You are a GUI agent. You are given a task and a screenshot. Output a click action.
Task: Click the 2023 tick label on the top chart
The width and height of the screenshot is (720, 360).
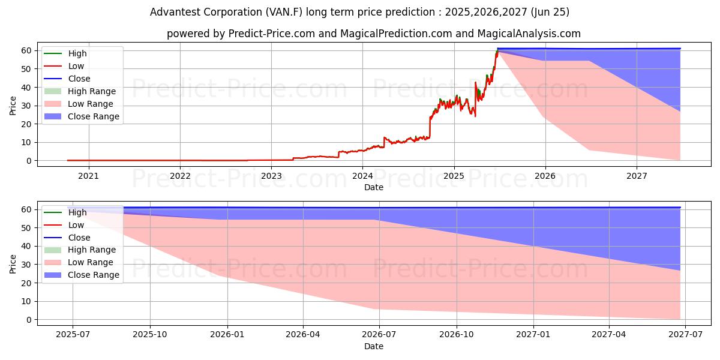(271, 176)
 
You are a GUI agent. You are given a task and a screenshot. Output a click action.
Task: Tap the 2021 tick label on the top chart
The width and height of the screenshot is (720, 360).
(89, 176)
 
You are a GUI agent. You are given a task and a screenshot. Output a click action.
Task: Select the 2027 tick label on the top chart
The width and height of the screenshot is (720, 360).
(637, 176)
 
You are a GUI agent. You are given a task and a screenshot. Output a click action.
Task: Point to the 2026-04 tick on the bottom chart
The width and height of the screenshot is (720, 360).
(303, 335)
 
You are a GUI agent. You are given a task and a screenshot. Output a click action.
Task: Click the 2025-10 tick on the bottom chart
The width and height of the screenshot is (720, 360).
(150, 335)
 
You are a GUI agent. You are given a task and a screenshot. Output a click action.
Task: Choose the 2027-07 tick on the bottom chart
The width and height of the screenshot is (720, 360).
(686, 335)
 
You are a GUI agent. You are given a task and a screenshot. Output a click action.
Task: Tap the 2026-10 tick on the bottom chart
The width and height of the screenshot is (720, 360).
(457, 335)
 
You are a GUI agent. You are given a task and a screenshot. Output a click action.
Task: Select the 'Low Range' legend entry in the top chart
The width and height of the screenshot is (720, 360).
(91, 104)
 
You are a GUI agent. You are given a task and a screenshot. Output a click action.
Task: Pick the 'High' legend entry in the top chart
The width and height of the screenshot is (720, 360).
(77, 53)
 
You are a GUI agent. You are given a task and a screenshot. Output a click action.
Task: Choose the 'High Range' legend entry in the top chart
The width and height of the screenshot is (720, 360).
(92, 91)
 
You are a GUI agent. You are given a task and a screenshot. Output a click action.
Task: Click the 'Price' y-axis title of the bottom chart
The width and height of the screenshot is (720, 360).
(13, 263)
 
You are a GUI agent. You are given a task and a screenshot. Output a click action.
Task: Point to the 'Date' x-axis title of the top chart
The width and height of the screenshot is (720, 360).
(374, 187)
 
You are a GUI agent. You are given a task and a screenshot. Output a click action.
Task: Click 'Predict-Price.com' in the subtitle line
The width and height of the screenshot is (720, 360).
(272, 34)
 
